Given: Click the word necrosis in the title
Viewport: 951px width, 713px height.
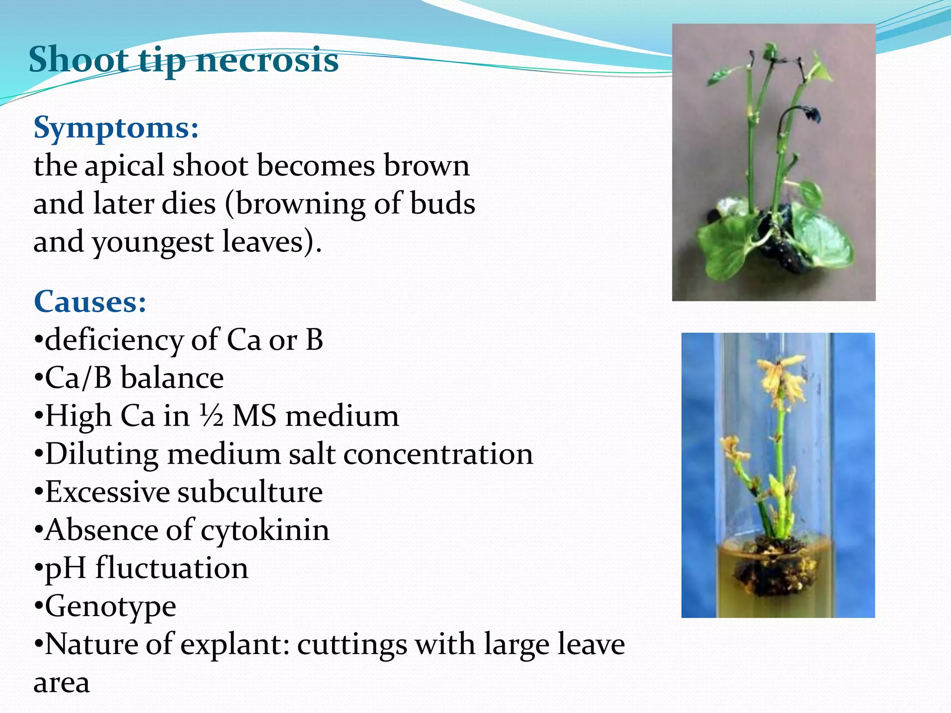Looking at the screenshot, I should [267, 60].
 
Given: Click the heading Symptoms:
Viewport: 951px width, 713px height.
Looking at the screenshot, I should [116, 127].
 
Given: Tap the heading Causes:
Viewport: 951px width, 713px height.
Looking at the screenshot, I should [90, 302].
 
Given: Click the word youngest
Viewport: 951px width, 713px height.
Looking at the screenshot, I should [153, 242].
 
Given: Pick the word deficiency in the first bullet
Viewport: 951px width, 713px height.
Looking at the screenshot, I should [114, 340].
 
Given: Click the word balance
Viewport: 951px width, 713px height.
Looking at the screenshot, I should [172, 378].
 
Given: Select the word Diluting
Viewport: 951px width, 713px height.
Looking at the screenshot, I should [101, 454].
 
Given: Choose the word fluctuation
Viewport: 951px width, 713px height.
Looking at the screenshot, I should [172, 568].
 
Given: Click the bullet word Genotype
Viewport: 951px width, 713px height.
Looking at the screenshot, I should [111, 606].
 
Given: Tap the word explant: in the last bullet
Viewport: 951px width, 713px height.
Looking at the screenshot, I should [235, 644].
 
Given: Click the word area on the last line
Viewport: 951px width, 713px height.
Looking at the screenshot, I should [61, 682].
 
